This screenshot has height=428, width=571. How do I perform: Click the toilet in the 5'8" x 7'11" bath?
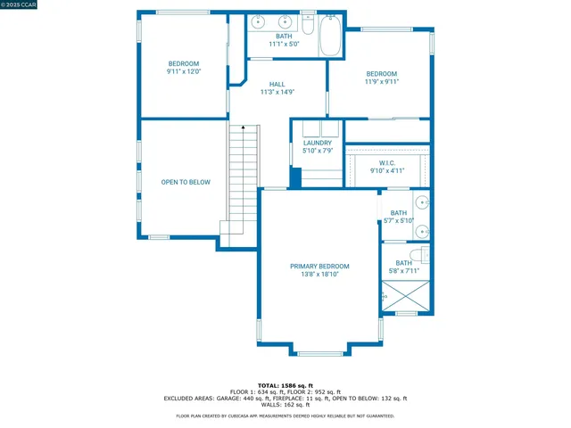click(425, 255)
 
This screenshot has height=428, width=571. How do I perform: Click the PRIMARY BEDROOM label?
click(319, 266)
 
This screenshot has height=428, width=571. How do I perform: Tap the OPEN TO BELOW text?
click(186, 182)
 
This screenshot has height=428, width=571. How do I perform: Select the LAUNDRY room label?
click(318, 143)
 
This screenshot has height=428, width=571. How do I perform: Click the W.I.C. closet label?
click(387, 162)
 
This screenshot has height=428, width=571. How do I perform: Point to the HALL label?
click(277, 84)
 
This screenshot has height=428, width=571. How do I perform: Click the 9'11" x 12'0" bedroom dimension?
click(184, 71)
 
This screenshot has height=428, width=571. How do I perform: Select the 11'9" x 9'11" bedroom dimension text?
click(382, 81)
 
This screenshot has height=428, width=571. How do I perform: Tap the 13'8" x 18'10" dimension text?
click(319, 275)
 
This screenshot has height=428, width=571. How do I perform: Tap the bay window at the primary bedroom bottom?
click(319, 351)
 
